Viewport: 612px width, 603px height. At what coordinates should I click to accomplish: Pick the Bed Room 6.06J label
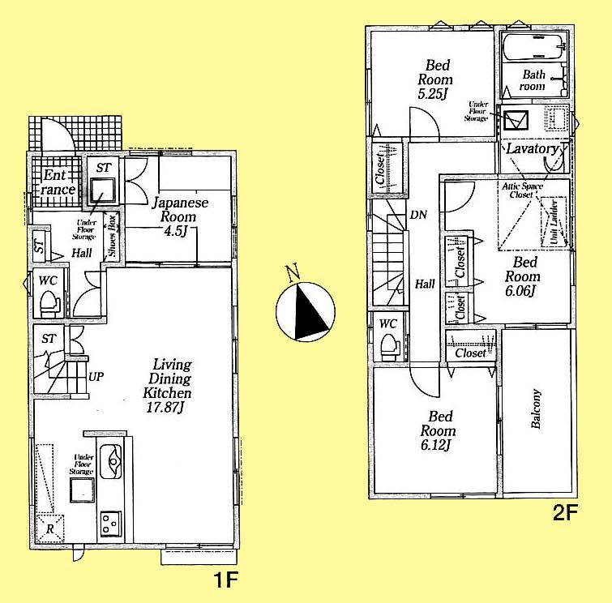[x=524, y=276]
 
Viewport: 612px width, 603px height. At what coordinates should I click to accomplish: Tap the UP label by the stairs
[x=96, y=377]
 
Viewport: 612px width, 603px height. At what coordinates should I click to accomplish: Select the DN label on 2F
[x=418, y=216]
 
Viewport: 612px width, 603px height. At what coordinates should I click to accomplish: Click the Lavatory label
[x=532, y=150]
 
